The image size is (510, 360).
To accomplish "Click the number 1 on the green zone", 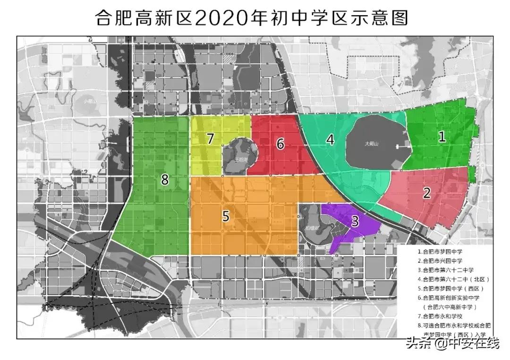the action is [x=442, y=137].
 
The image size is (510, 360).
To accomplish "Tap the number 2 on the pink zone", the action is [x=426, y=193].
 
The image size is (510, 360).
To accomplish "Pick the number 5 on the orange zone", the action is [x=226, y=216].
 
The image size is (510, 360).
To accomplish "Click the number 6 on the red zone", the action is [x=280, y=144].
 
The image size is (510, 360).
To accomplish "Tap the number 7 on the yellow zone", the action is [x=211, y=138].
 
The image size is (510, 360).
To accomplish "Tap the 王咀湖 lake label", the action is [x=241, y=159].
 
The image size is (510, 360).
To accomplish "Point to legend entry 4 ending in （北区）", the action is [x=454, y=279].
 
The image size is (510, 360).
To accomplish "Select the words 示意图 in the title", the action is [x=379, y=18].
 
